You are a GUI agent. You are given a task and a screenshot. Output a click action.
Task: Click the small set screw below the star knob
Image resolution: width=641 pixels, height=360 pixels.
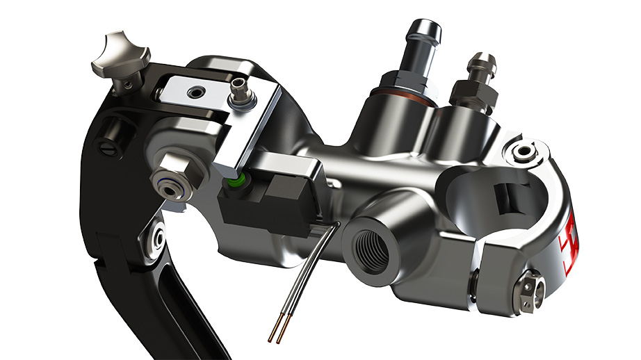pyautogui.click(x=128, y=85)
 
